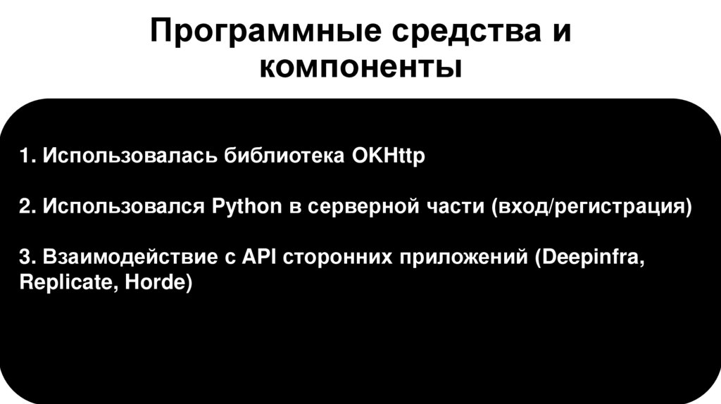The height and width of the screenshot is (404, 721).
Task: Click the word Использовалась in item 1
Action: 130,156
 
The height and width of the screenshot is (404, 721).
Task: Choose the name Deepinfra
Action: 591,258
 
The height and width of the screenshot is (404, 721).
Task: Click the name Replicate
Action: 58,285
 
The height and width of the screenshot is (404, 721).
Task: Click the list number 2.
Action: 25,208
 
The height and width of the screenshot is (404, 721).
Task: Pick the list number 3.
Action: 25,258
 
